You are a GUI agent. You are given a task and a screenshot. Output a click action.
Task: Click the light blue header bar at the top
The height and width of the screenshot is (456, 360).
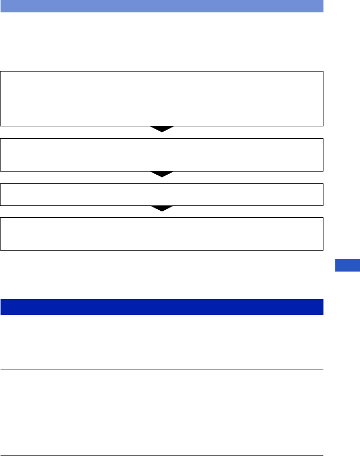pyautogui.click(x=162, y=6)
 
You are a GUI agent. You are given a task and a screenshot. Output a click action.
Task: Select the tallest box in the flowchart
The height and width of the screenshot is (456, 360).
pyautogui.click(x=162, y=98)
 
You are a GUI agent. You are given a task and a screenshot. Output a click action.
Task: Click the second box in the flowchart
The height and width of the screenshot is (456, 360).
pyautogui.click(x=162, y=155)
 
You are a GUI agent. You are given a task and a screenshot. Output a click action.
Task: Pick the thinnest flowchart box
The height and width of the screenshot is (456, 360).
pyautogui.click(x=162, y=195)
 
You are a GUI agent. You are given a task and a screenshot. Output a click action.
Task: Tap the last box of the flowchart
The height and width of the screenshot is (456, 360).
pyautogui.click(x=162, y=233)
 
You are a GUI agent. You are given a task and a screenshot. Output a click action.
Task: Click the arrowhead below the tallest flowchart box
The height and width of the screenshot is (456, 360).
pyautogui.click(x=162, y=129)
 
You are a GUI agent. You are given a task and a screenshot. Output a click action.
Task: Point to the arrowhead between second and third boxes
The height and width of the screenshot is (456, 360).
pyautogui.click(x=162, y=174)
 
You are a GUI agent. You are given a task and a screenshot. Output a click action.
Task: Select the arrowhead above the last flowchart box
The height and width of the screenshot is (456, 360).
pyautogui.click(x=162, y=208)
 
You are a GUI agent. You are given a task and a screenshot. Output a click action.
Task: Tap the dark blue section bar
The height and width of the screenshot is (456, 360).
pyautogui.click(x=162, y=307)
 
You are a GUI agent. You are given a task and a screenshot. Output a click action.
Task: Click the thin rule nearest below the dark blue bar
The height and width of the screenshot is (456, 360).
pyautogui.click(x=162, y=369)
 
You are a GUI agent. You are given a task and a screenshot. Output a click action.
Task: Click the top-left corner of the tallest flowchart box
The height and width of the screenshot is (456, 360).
pyautogui.click(x=1, y=72)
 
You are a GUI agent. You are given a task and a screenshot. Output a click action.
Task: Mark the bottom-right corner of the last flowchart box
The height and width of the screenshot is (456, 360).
pyautogui.click(x=323, y=250)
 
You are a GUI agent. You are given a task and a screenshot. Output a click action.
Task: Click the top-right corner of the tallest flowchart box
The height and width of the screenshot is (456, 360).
pyautogui.click(x=323, y=72)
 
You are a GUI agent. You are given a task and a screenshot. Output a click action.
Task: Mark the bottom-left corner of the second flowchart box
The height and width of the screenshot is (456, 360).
pyautogui.click(x=1, y=171)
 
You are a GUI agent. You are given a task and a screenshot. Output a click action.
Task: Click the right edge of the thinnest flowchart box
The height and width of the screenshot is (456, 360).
pyautogui.click(x=323, y=195)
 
